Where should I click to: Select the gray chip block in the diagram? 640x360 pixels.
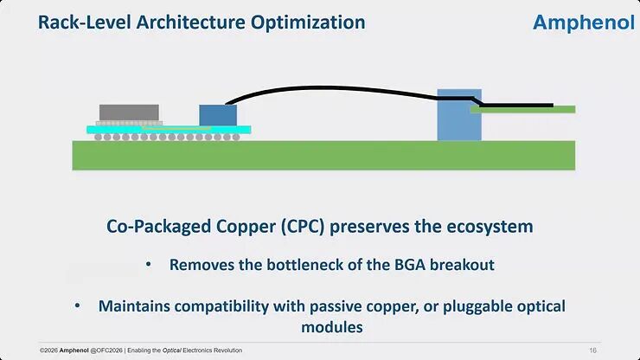129,112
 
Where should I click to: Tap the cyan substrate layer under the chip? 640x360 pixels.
169,130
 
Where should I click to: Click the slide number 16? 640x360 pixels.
592,350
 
